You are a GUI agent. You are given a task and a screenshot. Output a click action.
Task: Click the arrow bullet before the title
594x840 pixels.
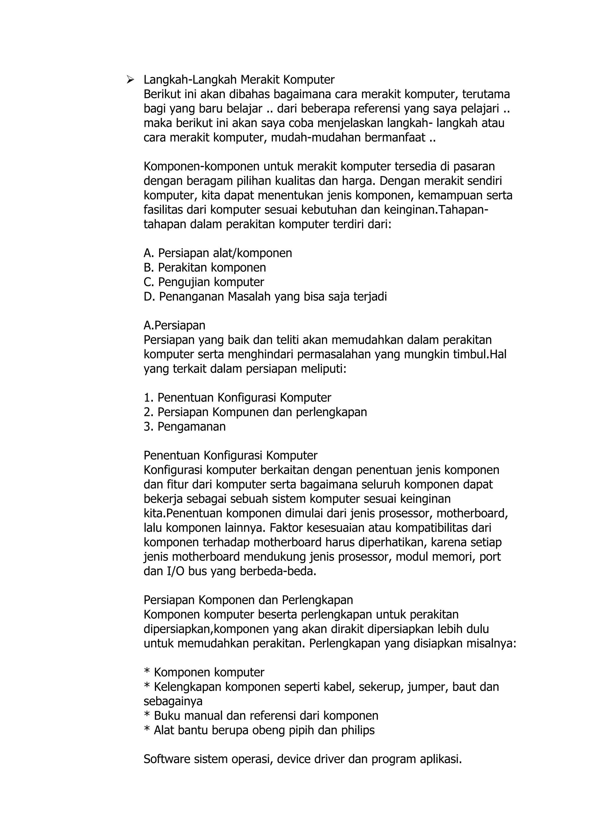click(x=130, y=79)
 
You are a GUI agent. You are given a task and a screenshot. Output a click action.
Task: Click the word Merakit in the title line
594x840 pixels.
click(x=262, y=79)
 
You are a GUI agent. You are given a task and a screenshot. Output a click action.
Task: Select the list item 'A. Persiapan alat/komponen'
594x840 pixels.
click(x=218, y=253)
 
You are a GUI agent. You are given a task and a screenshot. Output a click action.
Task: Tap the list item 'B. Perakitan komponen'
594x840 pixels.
click(x=204, y=267)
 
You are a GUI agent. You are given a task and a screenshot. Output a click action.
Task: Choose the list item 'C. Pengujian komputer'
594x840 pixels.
click(x=204, y=282)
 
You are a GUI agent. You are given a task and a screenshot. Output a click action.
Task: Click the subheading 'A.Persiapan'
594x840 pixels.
click(x=175, y=325)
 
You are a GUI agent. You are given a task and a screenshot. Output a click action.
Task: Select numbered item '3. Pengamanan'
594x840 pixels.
click(x=185, y=427)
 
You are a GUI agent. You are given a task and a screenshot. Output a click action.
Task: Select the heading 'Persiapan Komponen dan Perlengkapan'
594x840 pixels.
click(x=248, y=600)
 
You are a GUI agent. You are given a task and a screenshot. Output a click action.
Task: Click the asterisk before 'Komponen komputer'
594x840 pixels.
click(x=147, y=672)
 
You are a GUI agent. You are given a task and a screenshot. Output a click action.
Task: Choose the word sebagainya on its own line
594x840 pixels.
click(x=173, y=701)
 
